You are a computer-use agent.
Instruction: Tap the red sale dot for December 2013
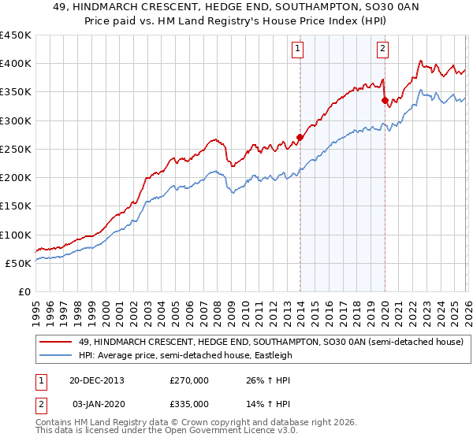point(300,137)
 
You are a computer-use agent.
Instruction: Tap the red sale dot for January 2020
point(384,100)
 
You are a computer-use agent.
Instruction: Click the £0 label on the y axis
point(24,292)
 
